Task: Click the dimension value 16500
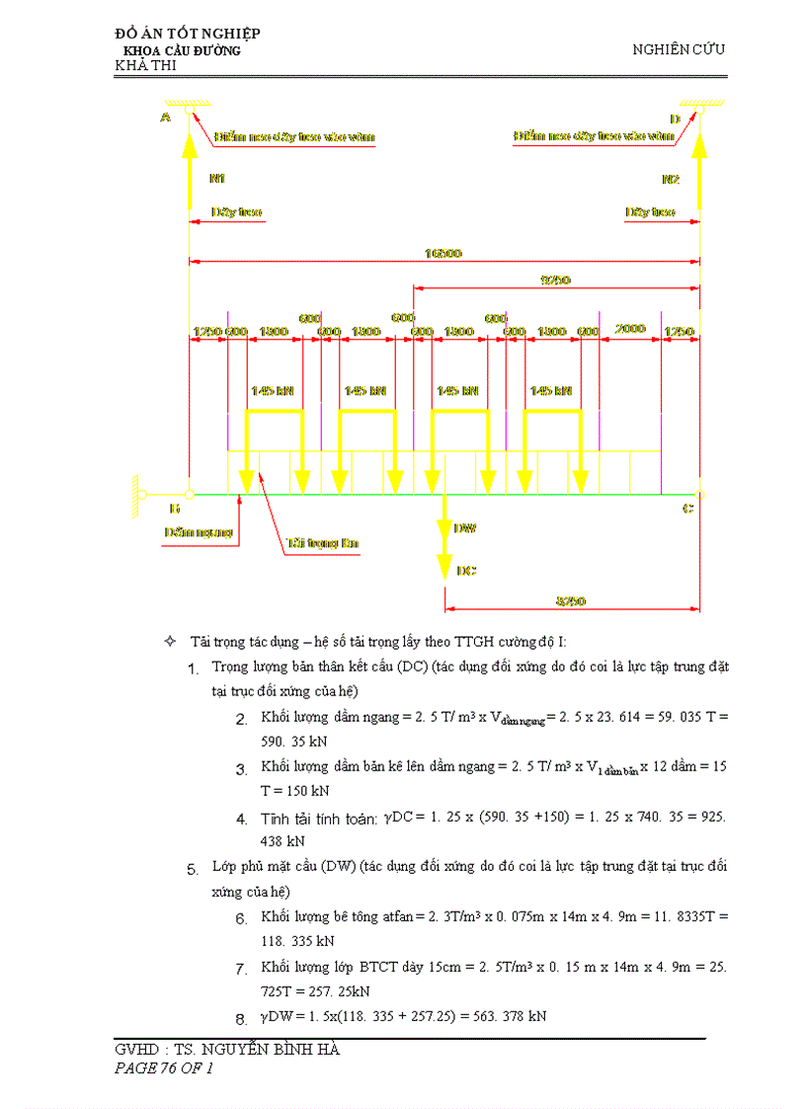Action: point(443,254)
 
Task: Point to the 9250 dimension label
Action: point(555,279)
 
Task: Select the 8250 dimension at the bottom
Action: point(571,600)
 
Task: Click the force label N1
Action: point(217,179)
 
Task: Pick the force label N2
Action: point(671,179)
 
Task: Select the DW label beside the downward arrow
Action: point(465,529)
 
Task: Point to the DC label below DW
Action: point(466,570)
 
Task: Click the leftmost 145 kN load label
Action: point(273,391)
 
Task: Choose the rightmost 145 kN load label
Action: point(550,391)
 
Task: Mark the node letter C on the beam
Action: point(688,508)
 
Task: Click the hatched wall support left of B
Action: point(133,494)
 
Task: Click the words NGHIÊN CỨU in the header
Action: point(679,49)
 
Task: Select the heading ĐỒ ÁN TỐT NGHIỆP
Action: point(188,35)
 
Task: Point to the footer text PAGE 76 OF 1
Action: point(164,1068)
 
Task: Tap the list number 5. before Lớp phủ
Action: point(192,870)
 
